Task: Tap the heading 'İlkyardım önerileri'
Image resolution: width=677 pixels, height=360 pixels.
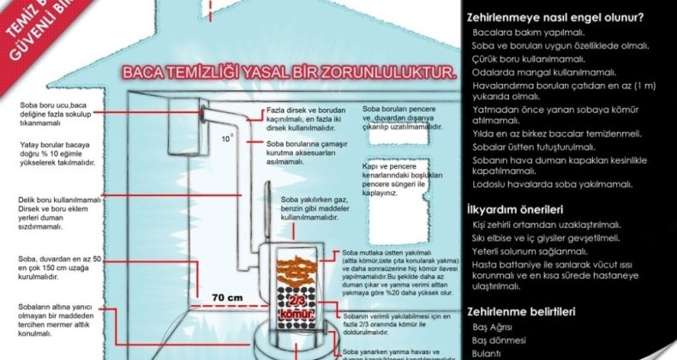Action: click(514, 208)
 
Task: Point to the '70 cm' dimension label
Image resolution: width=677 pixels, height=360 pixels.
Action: click(208, 297)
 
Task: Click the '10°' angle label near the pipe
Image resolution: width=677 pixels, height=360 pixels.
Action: click(226, 137)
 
